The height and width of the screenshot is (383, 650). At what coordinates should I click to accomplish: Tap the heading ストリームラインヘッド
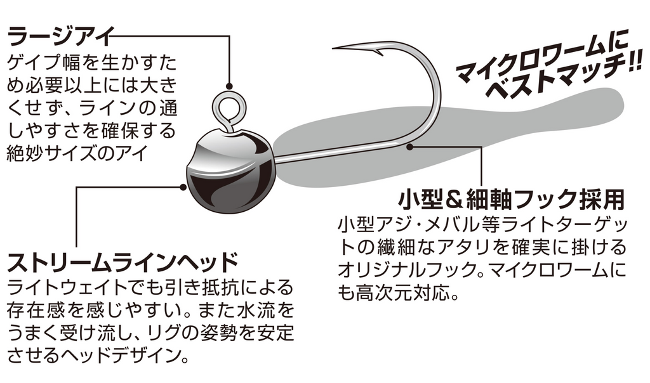click(123, 263)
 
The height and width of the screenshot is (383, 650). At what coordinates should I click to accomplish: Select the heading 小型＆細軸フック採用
click(511, 200)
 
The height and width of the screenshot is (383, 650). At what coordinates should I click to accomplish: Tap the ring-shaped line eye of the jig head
click(227, 109)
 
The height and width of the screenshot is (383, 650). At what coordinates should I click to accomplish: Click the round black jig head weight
click(229, 171)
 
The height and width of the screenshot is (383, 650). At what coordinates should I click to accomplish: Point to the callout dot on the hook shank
click(410, 146)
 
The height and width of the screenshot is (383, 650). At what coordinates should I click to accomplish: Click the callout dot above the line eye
click(229, 86)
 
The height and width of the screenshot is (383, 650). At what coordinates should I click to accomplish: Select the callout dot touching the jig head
click(183, 187)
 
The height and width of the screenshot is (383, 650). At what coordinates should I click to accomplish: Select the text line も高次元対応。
click(399, 293)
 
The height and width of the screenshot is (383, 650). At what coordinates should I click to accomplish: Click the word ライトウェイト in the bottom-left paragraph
click(65, 288)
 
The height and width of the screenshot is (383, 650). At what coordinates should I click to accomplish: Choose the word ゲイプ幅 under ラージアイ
click(44, 63)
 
